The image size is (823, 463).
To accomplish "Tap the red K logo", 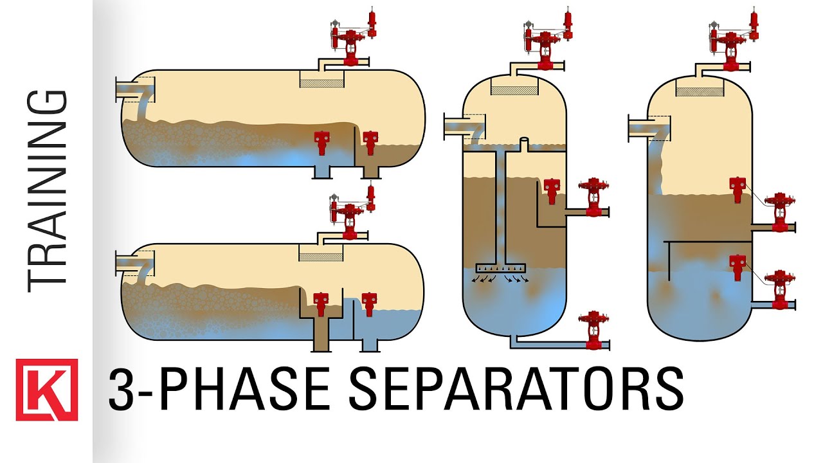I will click(47, 390).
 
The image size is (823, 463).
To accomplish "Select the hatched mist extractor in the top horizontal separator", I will click(321, 79).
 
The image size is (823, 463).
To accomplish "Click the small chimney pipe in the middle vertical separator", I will click(525, 143).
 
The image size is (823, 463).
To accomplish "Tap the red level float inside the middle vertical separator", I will click(551, 190).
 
